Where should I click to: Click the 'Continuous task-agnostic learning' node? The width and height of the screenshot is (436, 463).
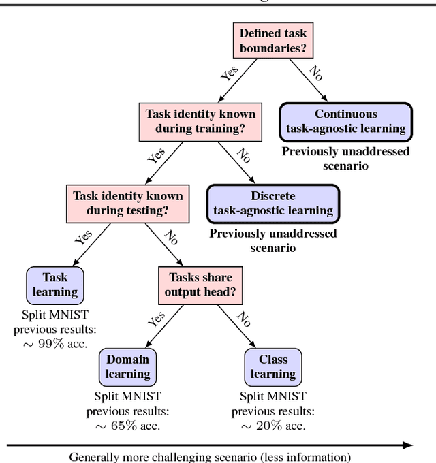346,121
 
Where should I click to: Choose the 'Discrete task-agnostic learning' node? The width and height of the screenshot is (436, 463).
272,203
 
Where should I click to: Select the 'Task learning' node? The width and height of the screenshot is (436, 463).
55,285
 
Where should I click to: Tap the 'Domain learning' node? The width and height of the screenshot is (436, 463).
127,366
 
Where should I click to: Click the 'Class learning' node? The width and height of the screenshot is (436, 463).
272,366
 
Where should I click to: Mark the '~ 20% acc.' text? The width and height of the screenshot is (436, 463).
272,426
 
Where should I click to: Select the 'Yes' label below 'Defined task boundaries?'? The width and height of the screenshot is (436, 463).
230,73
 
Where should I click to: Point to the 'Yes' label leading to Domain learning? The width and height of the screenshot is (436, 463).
157,319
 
